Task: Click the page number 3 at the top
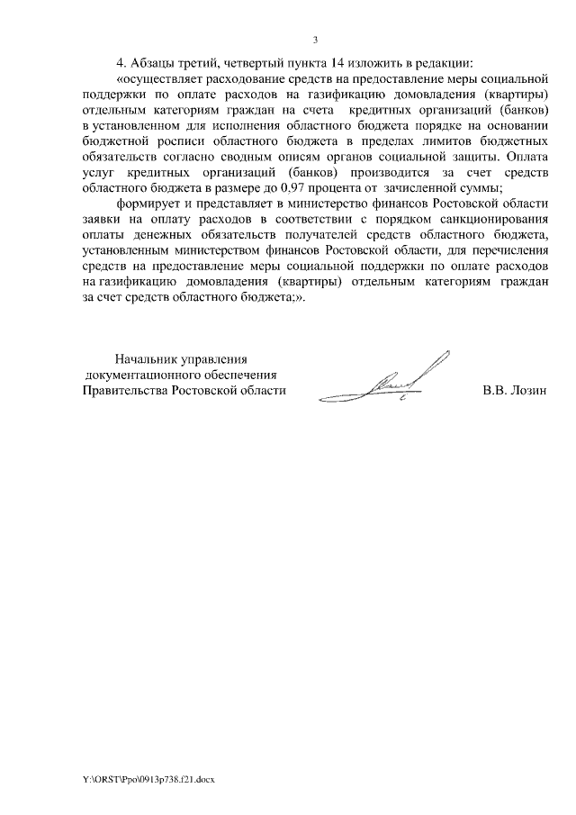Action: (x=315, y=39)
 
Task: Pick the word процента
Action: (x=338, y=187)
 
